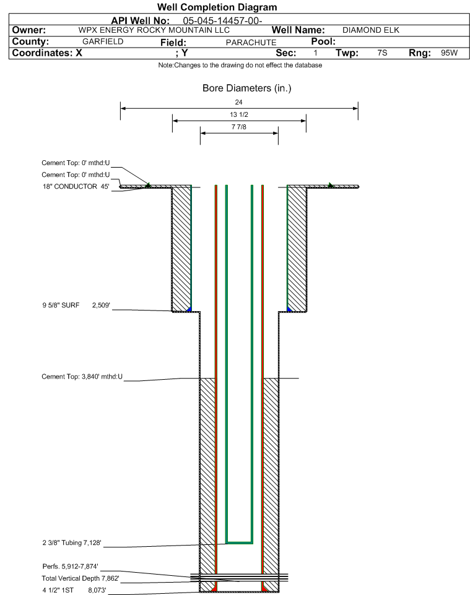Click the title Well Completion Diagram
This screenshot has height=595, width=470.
217,7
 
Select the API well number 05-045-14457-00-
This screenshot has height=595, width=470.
223,21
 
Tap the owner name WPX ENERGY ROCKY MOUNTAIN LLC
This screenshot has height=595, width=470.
154,30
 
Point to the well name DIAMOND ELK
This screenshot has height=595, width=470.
371,30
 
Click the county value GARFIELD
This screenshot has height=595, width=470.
103,41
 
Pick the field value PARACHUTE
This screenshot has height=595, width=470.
251,43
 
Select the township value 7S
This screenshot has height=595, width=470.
382,53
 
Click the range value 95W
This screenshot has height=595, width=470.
450,53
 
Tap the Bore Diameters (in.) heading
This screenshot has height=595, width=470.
247,88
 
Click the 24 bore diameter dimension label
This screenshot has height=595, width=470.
238,102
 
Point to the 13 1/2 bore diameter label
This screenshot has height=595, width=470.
239,114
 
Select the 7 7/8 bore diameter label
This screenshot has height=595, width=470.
239,127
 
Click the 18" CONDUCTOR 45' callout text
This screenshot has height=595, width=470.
76,187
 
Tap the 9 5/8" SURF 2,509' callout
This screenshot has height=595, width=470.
76,306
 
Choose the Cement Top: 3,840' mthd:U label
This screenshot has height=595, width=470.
82,377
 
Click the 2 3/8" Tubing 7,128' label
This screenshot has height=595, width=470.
72,543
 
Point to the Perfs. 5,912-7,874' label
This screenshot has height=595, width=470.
71,567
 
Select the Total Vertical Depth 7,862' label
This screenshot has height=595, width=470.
81,579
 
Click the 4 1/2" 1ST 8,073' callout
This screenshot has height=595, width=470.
74,591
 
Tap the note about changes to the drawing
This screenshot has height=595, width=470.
240,66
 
